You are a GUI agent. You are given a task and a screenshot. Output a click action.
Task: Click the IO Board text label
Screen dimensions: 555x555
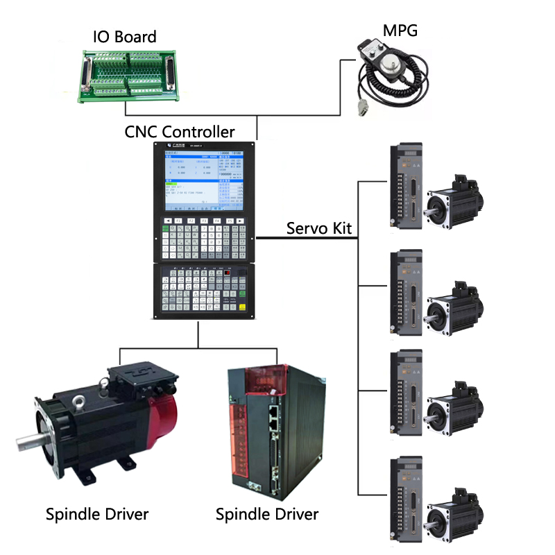[125, 36]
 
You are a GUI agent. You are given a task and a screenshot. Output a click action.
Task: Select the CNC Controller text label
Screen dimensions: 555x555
[180, 131]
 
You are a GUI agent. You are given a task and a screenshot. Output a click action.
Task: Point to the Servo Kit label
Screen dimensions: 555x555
[320, 228]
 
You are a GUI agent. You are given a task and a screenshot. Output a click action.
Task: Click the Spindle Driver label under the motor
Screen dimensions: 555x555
[97, 514]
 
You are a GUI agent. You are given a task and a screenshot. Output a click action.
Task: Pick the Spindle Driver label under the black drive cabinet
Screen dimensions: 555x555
[267, 514]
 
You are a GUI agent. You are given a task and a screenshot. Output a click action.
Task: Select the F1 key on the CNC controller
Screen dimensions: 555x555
[178, 221]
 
